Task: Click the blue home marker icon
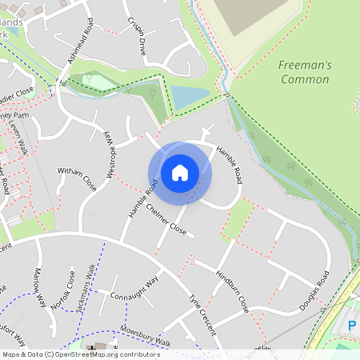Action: (180, 172)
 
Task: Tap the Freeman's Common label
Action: (305, 72)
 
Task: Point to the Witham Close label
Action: (77, 178)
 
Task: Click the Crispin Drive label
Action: (137, 35)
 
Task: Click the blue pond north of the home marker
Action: (190, 97)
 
